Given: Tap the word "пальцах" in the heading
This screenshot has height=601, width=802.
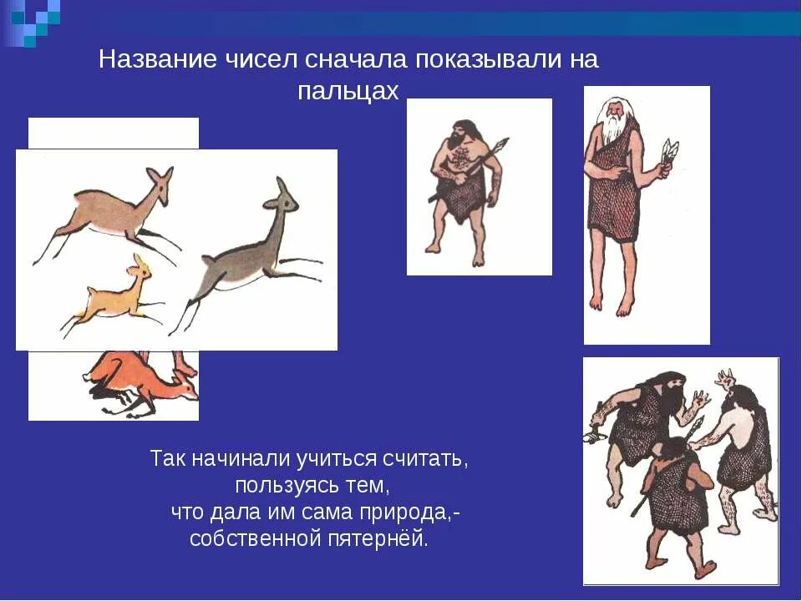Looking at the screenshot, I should tap(348, 91).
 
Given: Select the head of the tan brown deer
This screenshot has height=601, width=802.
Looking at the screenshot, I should tap(159, 184).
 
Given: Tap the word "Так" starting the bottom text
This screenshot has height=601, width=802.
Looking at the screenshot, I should tap(166, 458).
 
